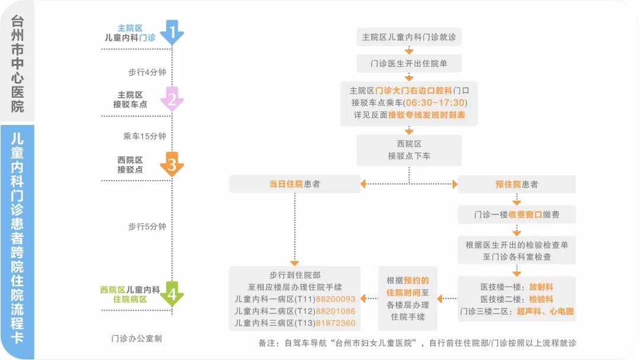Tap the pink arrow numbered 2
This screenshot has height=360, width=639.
[172, 99]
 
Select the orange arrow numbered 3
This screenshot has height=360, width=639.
[172, 164]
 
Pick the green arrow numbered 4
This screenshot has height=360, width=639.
[172, 294]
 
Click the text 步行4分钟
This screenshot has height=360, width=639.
[147, 72]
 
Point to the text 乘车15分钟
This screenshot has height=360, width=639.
[145, 136]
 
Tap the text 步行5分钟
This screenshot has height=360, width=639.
[147, 226]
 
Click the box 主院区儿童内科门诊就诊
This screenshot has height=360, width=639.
[409, 37]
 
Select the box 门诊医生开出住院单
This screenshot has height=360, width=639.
[409, 63]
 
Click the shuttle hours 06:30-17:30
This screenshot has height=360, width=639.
[434, 102]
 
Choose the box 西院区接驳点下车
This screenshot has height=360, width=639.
[409, 150]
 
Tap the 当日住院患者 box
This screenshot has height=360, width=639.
[294, 184]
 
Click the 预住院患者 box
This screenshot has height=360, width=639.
[517, 184]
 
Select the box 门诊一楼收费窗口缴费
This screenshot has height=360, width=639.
[517, 214]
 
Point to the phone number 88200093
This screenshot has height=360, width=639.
[335, 299]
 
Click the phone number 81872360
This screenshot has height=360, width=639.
[335, 323]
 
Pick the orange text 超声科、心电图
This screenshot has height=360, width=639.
[545, 311]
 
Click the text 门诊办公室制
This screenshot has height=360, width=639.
[137, 339]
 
